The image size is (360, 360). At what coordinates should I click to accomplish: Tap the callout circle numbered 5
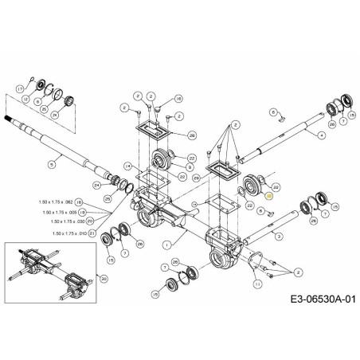pyautogui.click(x=50, y=165)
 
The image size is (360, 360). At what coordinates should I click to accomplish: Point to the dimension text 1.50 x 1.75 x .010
pyautogui.click(x=68, y=233)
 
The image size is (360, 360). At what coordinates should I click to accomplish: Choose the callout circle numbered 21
pyautogui.click(x=92, y=233)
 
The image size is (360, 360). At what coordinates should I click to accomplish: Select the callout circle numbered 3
pyautogui.click(x=278, y=237)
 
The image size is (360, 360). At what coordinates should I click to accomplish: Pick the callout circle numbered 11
pyautogui.click(x=256, y=284)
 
